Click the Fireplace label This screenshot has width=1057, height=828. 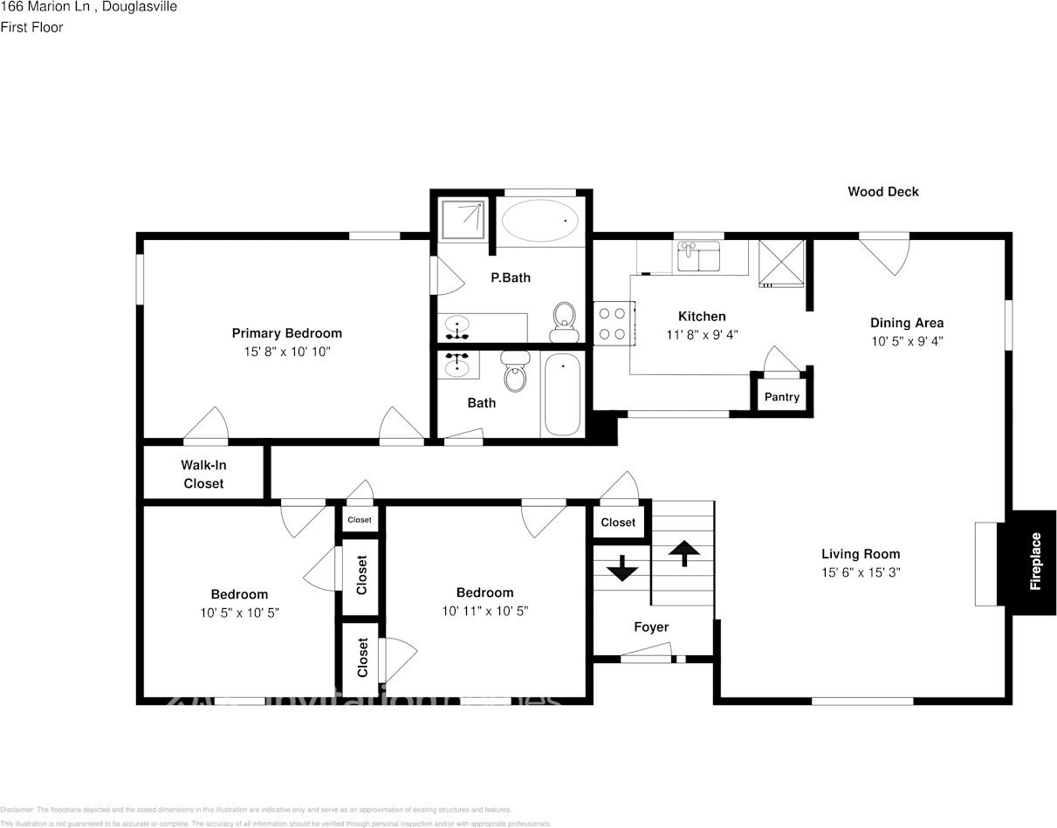click(x=1035, y=561)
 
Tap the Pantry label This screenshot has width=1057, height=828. click(x=781, y=397)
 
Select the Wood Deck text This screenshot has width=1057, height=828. click(x=882, y=192)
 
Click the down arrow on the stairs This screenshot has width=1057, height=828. click(x=622, y=568)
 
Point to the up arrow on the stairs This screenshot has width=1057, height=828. click(x=683, y=552)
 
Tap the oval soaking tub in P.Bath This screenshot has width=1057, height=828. click(x=539, y=221)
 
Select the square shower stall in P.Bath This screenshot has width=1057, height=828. click(x=463, y=218)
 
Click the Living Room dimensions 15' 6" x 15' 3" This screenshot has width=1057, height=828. click(x=860, y=573)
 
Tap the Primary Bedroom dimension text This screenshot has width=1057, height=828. click(x=286, y=352)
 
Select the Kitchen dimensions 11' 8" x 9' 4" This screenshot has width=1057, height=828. click(x=702, y=335)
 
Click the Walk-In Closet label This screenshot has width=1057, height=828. click(x=203, y=475)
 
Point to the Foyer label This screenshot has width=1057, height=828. click(x=651, y=627)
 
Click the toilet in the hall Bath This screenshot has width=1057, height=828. click(x=516, y=373)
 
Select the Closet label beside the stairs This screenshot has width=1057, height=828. click(x=618, y=523)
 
